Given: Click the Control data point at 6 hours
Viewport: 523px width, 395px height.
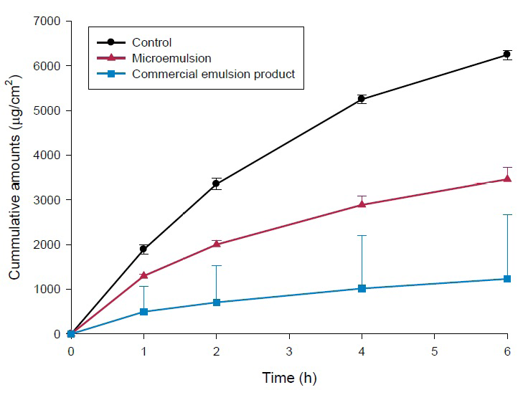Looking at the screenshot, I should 506,54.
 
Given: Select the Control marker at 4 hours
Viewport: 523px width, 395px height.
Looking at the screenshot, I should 362,99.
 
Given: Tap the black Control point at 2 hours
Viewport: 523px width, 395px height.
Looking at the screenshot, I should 216,184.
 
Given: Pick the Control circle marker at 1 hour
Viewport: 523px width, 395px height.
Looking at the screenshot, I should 143,249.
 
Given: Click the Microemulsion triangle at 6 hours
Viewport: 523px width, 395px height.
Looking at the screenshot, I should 506,179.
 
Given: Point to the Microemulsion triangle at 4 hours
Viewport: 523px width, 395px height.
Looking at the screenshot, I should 362,204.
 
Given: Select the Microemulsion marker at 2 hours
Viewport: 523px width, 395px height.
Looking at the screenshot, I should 216,244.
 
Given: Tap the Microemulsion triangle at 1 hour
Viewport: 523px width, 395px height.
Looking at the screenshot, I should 143,275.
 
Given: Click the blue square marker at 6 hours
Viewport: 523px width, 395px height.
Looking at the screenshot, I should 506,279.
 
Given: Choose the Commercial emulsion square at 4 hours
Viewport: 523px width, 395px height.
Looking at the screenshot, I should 362,288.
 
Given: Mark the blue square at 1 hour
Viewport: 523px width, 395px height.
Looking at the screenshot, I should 143,312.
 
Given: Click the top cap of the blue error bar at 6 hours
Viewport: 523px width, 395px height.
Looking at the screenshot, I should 506,214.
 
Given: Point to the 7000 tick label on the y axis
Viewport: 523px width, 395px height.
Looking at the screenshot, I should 44,21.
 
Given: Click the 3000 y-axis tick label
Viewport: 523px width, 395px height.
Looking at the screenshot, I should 44,200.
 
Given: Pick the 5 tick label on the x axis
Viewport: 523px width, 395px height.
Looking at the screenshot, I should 434,351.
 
